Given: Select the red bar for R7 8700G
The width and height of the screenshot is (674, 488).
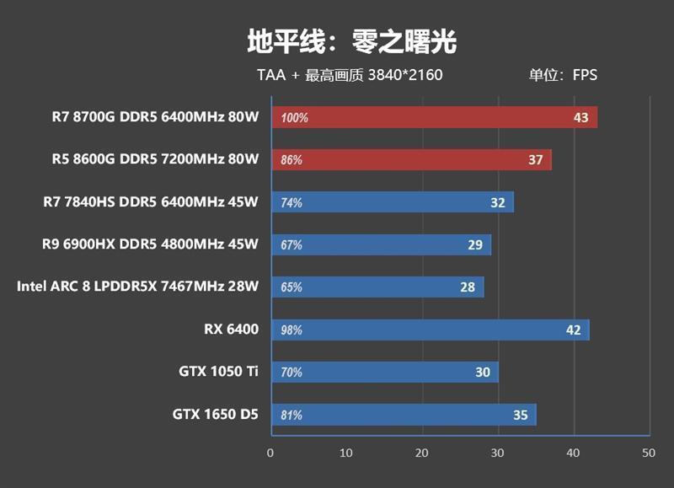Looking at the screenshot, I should pos(434,117).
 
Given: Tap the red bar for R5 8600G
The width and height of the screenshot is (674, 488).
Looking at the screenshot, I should pos(411,159).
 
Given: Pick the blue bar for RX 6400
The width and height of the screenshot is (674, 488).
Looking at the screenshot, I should pos(430,330).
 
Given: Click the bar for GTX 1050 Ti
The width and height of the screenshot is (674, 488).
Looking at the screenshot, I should pos(384,372).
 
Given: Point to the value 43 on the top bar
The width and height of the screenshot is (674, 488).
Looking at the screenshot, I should pos(580,117).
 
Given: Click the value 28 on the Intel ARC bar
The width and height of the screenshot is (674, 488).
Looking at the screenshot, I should pos(468,287).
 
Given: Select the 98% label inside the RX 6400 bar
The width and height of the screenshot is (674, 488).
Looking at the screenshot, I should pos(292,330).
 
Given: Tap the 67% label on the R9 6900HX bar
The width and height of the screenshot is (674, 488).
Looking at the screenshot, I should pos(292,245).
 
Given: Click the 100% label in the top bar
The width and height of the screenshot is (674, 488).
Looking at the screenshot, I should pos(294,118).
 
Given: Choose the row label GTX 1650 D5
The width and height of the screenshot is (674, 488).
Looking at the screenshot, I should pos(216,414).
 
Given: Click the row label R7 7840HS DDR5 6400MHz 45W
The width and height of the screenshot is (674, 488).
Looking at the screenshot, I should pos(150,201).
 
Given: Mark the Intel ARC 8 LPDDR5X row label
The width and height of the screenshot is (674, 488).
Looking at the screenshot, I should pos(137,287).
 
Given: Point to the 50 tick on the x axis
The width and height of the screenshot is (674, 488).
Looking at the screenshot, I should pos(648,453).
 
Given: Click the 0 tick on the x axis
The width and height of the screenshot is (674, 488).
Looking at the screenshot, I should pos(270,453).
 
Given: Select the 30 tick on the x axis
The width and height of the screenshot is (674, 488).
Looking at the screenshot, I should pos(497,453).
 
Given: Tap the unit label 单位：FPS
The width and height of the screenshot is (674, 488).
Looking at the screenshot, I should pos(563,75).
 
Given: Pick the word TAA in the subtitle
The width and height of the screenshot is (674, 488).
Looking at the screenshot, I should pos(271,75).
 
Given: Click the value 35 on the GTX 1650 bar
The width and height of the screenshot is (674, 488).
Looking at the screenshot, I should pos(520,415).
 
